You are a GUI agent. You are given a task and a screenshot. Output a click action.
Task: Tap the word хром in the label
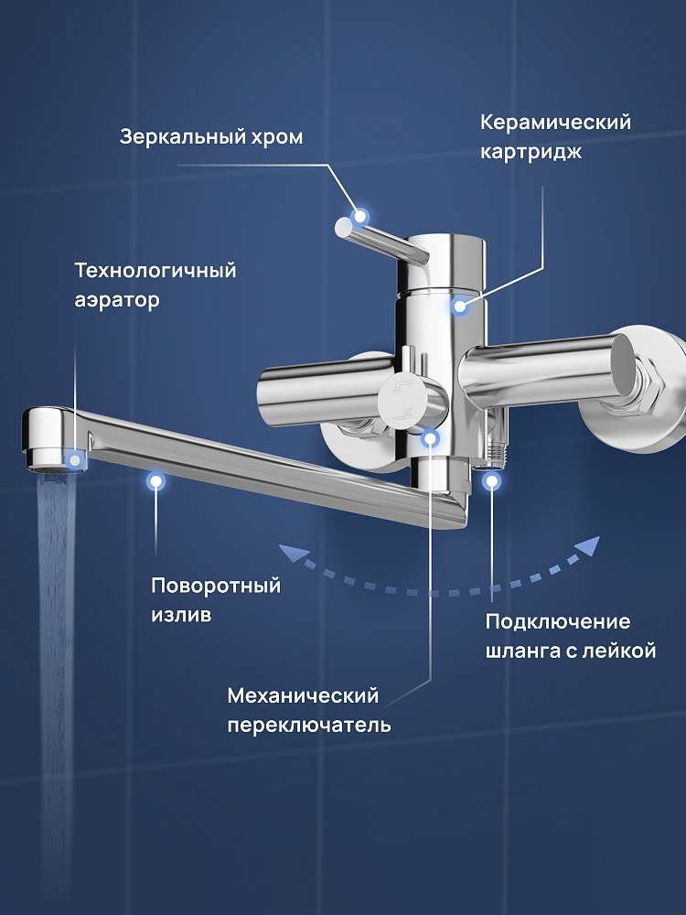point(277,138)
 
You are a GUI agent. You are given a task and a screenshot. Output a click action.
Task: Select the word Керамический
point(556,123)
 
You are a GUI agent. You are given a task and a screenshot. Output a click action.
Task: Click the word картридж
point(531,153)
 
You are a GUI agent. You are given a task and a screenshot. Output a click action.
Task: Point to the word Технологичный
point(155,270)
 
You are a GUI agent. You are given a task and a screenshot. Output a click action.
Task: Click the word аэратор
point(117,301)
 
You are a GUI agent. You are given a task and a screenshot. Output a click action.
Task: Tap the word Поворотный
point(216,586)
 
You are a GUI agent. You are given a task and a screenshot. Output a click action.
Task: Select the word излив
point(181,615)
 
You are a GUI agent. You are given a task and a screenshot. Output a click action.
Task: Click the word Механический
point(303,695)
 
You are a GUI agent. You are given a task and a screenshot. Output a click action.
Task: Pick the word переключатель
point(309,726)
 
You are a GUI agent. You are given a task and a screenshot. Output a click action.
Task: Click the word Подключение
point(558,621)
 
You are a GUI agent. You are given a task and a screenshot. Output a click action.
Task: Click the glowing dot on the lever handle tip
point(361,217)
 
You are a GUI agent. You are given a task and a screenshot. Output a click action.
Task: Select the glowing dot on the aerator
point(74,460)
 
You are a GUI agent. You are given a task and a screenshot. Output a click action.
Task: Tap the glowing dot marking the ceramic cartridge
point(460,306)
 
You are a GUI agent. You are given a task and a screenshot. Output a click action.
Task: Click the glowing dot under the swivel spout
point(155,481)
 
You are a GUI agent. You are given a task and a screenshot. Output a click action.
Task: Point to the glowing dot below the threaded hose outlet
point(492,481)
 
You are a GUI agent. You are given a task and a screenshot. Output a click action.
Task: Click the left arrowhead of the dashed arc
point(292,552)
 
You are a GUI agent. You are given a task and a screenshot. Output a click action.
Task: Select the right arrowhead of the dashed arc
point(588,546)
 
